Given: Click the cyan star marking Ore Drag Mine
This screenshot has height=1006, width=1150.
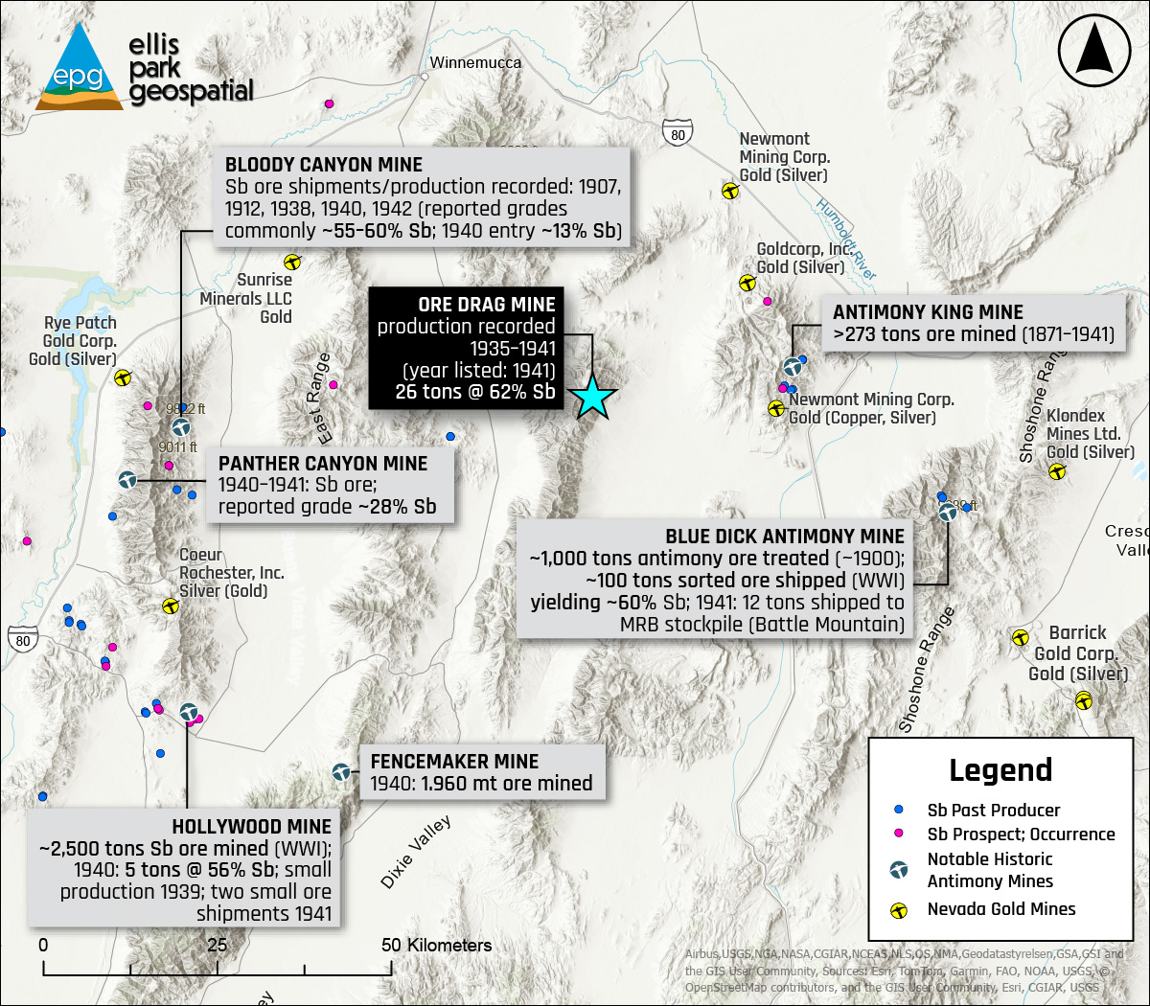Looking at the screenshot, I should [x=593, y=397].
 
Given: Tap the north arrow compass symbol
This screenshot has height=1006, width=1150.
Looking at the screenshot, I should [x=1095, y=51].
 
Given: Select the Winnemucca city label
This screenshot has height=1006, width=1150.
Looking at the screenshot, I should [x=475, y=63].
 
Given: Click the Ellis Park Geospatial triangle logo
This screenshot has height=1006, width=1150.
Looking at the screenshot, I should [x=80, y=68].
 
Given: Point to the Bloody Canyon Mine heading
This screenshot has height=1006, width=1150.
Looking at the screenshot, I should [x=324, y=165].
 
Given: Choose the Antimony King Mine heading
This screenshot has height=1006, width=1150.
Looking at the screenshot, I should [x=928, y=312].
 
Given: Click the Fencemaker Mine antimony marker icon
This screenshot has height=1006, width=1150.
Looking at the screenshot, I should [x=341, y=772].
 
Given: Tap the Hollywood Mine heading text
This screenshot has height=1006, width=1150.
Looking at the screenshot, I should [x=251, y=827].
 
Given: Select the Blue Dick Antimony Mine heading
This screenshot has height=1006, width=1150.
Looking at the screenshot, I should [x=785, y=537].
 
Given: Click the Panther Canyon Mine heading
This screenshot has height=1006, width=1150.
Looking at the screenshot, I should [x=323, y=464].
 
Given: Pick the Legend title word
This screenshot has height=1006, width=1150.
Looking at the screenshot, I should [x=1000, y=770].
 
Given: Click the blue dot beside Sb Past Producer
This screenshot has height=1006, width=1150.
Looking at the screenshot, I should [x=899, y=811].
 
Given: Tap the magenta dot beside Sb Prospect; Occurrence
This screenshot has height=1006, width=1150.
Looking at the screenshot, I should [x=899, y=835].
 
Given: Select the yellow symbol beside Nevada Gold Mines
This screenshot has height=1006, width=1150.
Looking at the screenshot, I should [x=899, y=910].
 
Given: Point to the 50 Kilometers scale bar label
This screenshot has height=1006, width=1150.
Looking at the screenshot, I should [x=436, y=946].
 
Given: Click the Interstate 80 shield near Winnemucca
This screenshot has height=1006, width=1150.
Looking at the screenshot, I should [x=678, y=134].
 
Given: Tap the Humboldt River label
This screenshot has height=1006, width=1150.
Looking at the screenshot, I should [x=845, y=239].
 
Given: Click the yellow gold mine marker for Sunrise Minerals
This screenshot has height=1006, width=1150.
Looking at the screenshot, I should [x=292, y=262].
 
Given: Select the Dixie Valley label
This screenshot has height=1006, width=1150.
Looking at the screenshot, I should [x=416, y=853].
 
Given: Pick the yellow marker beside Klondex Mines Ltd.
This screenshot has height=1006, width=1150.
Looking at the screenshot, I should [x=1057, y=471].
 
